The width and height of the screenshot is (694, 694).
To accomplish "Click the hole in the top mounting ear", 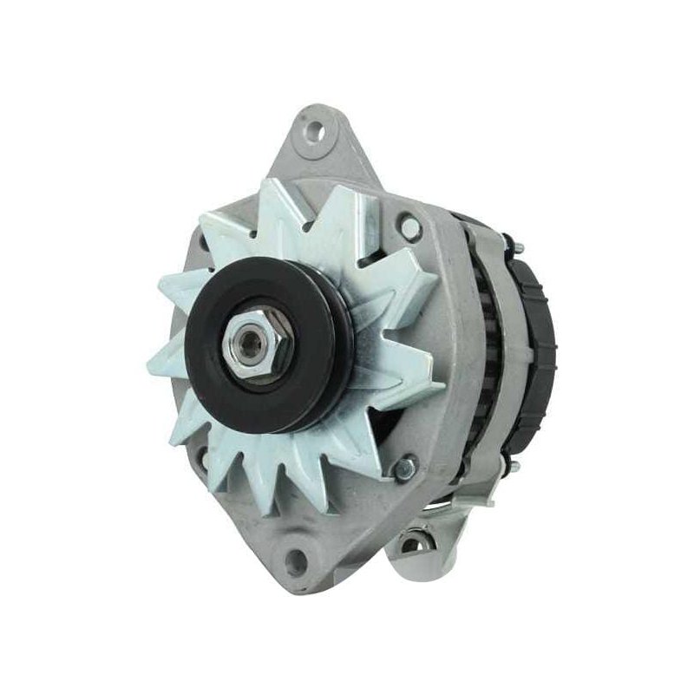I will (x=314, y=133).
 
